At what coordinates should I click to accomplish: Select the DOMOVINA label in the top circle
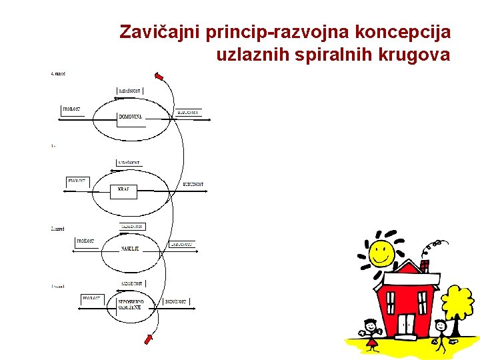pos(130,117)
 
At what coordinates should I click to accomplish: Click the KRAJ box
pos(123,190)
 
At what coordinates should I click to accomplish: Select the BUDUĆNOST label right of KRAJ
pos(193,184)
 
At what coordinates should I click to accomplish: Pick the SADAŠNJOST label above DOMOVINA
pos(130,90)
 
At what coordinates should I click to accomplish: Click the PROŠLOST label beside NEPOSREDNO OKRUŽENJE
pos(91,299)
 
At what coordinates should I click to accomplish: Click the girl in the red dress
pos(371,333)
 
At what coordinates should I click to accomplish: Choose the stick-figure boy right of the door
pos(441,333)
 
